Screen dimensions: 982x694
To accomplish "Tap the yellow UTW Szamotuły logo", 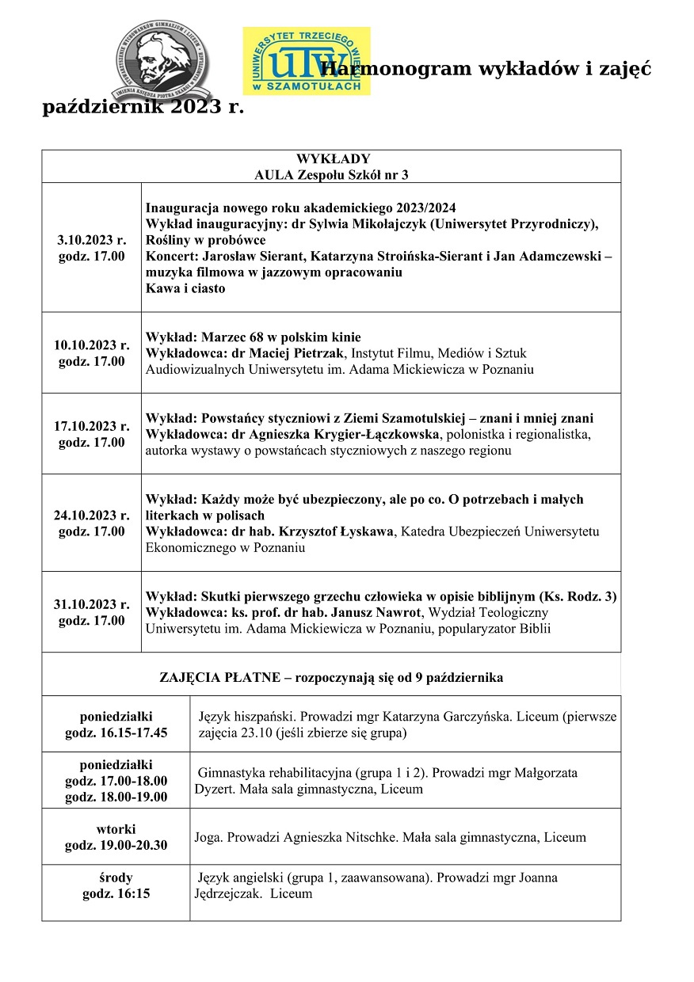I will click(x=306, y=61).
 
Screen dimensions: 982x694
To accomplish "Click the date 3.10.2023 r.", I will click(x=92, y=239).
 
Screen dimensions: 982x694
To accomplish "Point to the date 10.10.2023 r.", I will click(x=92, y=344).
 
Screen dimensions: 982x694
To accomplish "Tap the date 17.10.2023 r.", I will click(x=92, y=426).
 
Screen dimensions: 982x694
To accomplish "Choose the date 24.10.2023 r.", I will click(x=92, y=515).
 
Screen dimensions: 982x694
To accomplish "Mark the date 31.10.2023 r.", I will click(x=92, y=604).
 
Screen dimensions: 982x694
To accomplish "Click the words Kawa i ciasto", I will click(x=185, y=289).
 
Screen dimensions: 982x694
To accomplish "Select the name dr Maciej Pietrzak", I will click(x=286, y=353).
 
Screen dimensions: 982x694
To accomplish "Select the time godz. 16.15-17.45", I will click(x=116, y=733).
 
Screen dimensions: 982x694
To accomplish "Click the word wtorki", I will click(x=116, y=828).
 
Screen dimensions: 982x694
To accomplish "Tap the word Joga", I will click(x=208, y=837).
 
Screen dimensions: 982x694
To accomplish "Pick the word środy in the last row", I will click(x=116, y=877).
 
